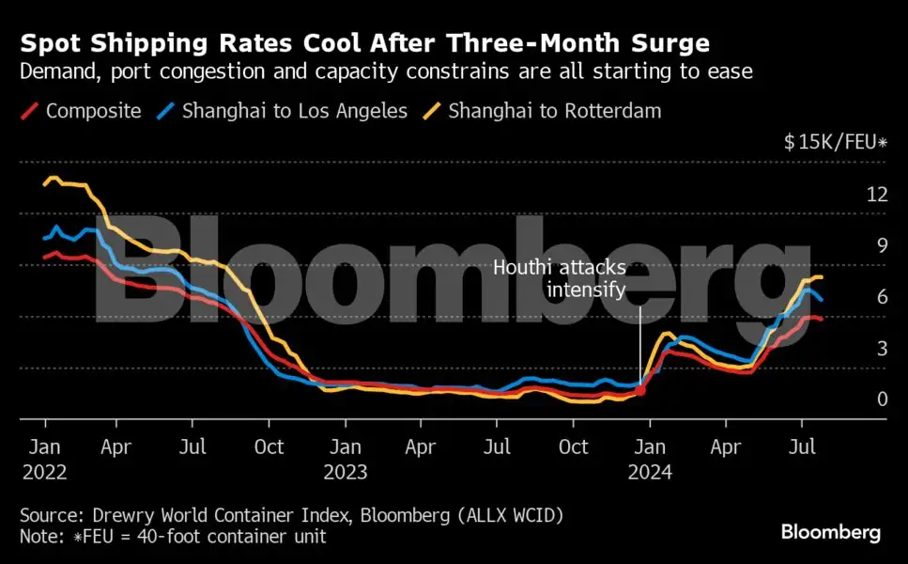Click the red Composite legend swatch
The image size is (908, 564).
pyautogui.click(x=29, y=111)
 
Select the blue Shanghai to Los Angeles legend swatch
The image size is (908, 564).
pyautogui.click(x=165, y=111)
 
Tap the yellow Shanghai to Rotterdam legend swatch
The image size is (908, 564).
pyautogui.click(x=432, y=111)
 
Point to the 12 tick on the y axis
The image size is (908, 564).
pyautogui.click(x=877, y=195)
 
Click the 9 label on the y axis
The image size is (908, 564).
pyautogui.click(x=882, y=245)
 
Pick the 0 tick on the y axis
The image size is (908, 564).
pyautogui.click(x=882, y=399)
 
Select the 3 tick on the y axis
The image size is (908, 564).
pyautogui.click(x=882, y=349)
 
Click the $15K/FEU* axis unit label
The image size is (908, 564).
pyautogui.click(x=836, y=143)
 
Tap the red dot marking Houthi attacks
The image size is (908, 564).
pyautogui.click(x=640, y=390)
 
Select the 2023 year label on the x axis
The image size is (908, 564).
pyautogui.click(x=346, y=472)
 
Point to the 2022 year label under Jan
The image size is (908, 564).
pyautogui.click(x=44, y=472)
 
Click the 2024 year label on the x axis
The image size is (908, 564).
pyautogui.click(x=650, y=472)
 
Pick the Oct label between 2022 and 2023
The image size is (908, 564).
pyautogui.click(x=269, y=446)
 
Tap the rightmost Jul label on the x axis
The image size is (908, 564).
pyautogui.click(x=802, y=446)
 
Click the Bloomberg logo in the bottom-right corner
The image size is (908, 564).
pyautogui.click(x=830, y=533)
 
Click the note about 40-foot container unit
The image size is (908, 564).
pyautogui.click(x=172, y=537)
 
